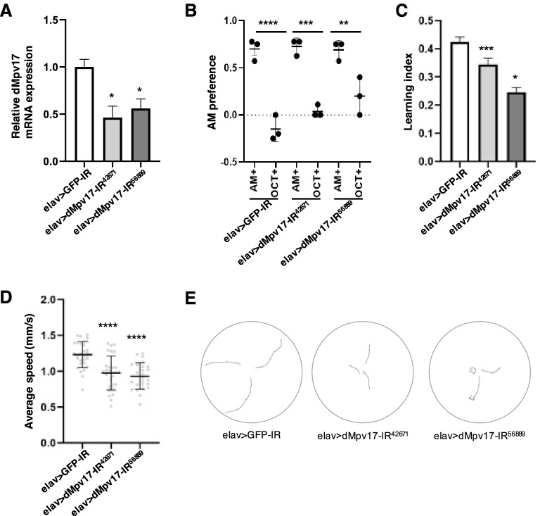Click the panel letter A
[8, 9]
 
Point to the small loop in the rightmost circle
[470, 368]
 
